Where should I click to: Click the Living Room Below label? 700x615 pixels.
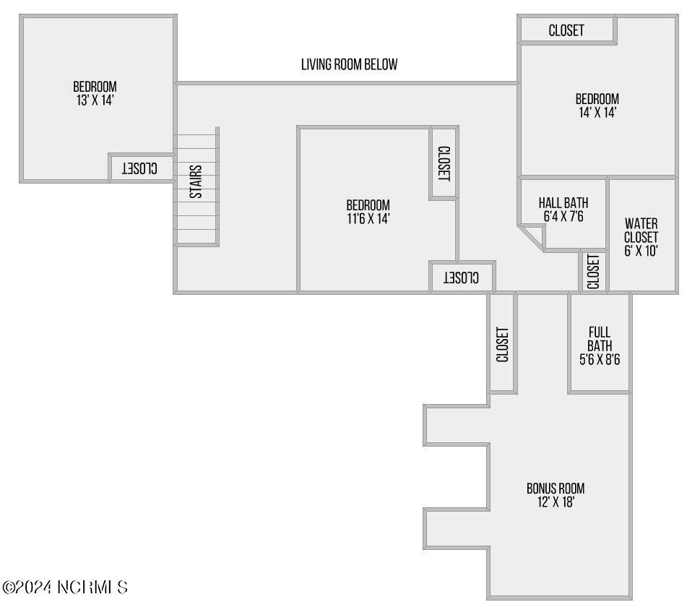coord(349,64)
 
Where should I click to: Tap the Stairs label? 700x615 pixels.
coord(196,181)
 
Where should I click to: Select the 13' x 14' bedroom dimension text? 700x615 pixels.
coord(95,100)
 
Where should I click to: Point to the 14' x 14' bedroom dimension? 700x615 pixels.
coord(597,113)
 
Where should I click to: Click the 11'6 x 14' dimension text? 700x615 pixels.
coord(368,218)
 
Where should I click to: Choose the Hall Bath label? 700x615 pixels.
coord(563,203)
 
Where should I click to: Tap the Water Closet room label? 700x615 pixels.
coord(641,230)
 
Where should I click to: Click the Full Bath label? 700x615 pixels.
coord(599,339)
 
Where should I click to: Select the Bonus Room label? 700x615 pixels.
coord(555,488)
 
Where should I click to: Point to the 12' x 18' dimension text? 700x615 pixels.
coord(555,502)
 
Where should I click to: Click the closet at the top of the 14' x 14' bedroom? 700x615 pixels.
coord(566,30)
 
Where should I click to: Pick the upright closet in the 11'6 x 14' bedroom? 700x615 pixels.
coord(444,163)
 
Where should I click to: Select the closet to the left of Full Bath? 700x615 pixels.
coord(503,343)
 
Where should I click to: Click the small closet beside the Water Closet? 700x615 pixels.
coord(593,271)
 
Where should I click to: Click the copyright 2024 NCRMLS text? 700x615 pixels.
coord(66,587)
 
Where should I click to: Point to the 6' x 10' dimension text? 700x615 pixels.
coord(641,251)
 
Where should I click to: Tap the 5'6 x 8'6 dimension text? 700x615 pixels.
coord(599,358)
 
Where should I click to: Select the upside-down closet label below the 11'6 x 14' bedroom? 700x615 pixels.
coord(462,277)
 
